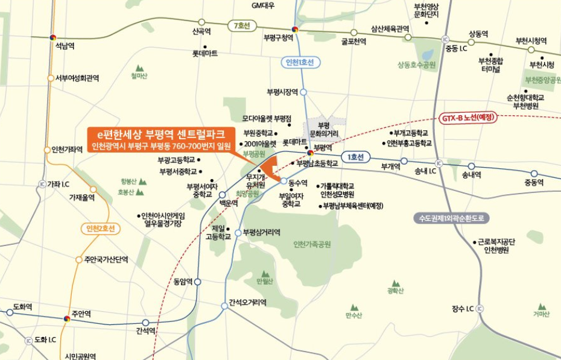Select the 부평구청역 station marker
[x=294, y=28]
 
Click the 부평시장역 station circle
[x=303, y=92]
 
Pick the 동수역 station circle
[x=284, y=181]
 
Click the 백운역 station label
[x=228, y=204]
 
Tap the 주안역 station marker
[x=67, y=318]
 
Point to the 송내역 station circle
[x=471, y=166]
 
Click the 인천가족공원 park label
[x=312, y=244]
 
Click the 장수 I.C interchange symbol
[x=480, y=309]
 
